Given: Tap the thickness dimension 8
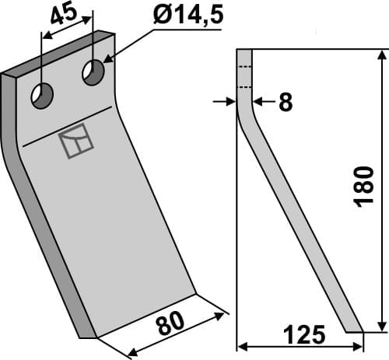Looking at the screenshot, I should (285, 102).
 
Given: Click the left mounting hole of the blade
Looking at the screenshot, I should (41, 97).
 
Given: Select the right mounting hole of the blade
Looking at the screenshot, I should (94, 73).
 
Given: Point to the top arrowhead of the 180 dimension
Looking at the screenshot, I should (381, 54).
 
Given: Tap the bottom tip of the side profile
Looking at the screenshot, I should (354, 329).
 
